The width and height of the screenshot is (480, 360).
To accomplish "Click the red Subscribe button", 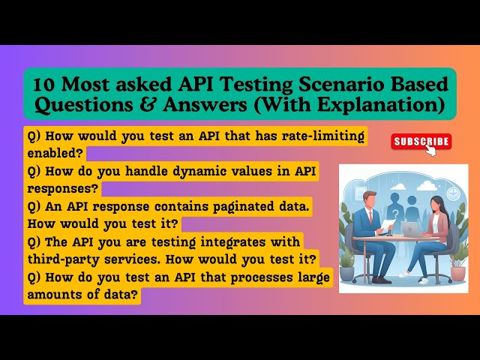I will click(421, 141).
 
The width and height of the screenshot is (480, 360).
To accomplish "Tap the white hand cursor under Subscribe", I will click(431, 151).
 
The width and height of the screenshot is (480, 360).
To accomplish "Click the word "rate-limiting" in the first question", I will click(320, 136).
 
